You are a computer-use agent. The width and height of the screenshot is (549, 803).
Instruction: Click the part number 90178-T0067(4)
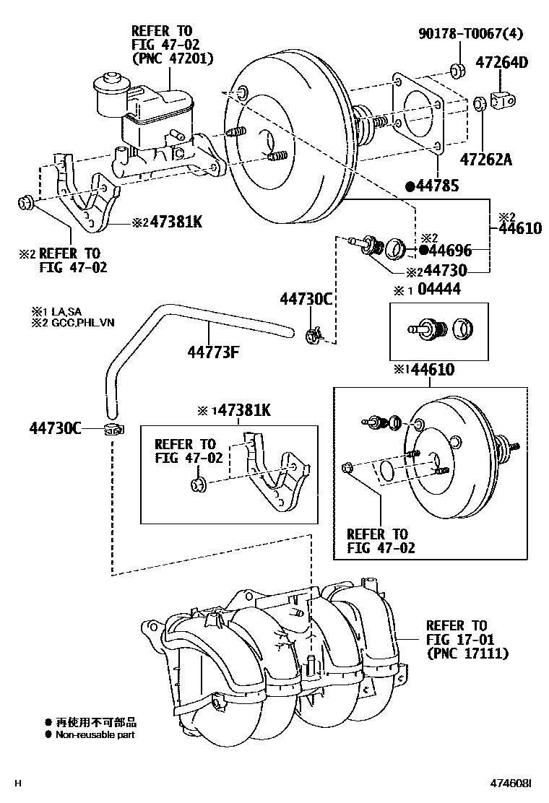(471, 34)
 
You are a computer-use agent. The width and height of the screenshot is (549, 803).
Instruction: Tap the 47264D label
(501, 63)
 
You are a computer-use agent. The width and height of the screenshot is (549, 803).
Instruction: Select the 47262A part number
(485, 160)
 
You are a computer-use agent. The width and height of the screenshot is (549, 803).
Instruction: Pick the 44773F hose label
(213, 352)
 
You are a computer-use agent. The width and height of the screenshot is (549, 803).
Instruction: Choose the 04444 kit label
(439, 290)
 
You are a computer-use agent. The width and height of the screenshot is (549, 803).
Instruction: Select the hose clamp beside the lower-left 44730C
(114, 429)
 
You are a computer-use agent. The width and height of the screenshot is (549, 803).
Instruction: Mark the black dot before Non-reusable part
(48, 735)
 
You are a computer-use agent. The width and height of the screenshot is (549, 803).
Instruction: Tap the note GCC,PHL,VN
(83, 323)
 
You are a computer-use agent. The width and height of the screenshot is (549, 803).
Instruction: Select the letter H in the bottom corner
(19, 784)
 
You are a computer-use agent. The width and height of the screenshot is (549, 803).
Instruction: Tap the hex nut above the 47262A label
(480, 104)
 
